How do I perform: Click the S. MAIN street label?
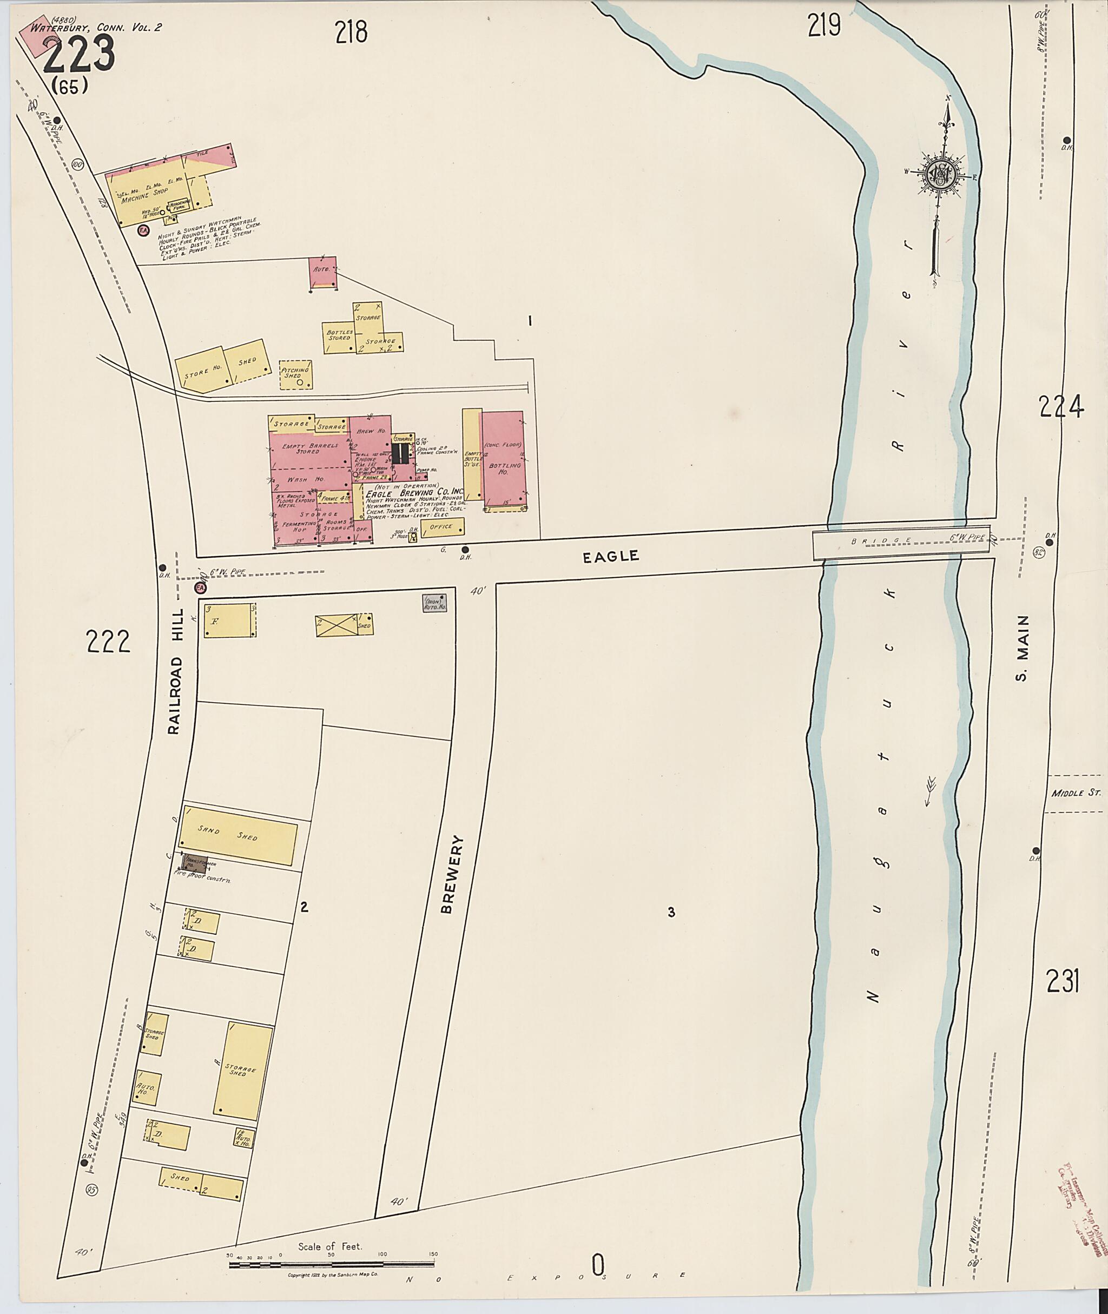click(1022, 648)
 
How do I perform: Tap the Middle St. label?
click(1076, 793)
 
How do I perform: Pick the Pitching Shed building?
click(295, 374)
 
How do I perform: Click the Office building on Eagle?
click(442, 527)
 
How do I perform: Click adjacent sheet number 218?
click(351, 31)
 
